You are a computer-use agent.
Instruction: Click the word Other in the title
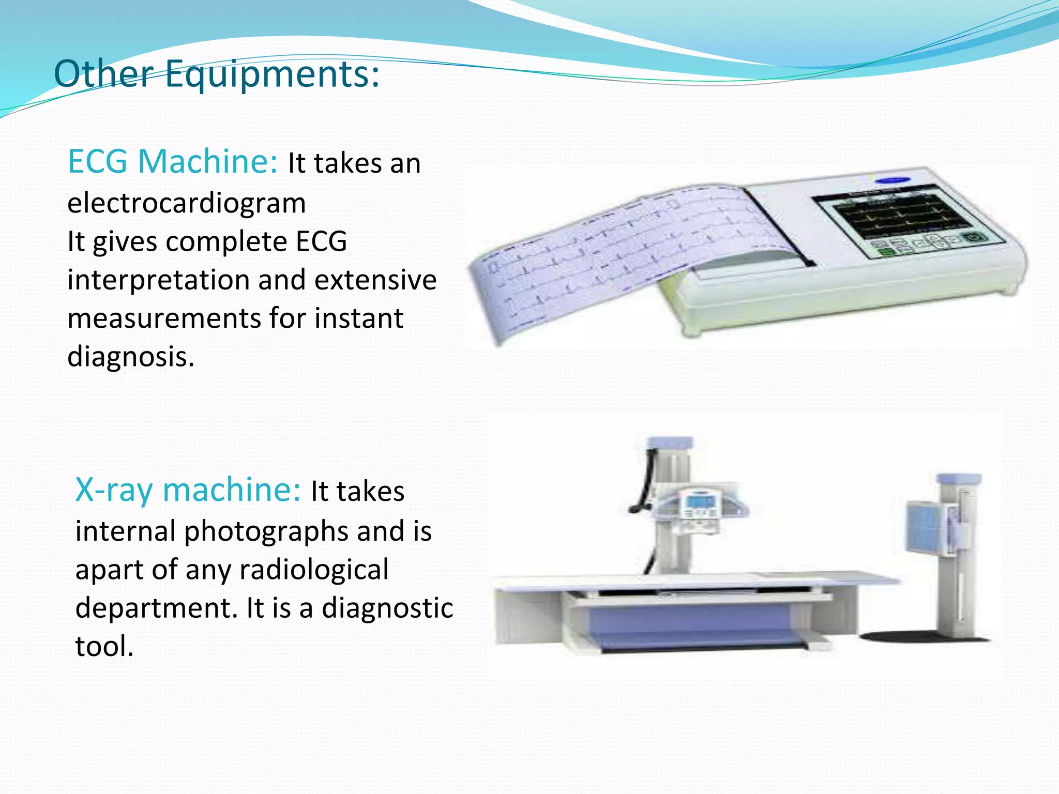(x=103, y=73)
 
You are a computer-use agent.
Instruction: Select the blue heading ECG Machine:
(x=173, y=161)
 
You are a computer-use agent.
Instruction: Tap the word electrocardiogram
(x=187, y=203)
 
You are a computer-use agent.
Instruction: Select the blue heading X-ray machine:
(x=188, y=490)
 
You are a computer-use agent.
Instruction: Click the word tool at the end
(x=104, y=646)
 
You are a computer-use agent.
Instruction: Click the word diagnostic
(x=387, y=608)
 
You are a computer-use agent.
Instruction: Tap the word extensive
(x=375, y=281)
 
